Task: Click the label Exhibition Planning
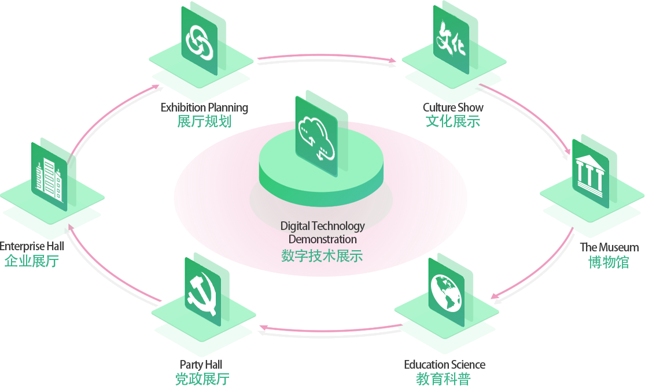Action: [x=204, y=107]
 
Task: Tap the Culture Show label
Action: [x=453, y=107]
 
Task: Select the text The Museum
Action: [x=609, y=247]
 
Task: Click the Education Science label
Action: [x=444, y=365]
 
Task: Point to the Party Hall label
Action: [x=201, y=365]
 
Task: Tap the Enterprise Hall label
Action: [x=32, y=246]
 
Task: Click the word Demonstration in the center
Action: [x=322, y=239]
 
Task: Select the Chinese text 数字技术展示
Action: [x=322, y=256]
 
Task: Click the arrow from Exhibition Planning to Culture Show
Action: [x=327, y=60]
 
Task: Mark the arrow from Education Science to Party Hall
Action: [x=330, y=329]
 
